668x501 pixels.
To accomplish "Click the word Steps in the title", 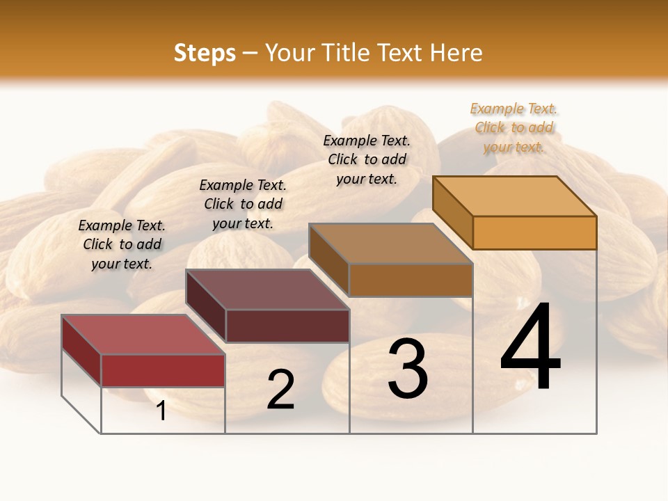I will tap(205, 53).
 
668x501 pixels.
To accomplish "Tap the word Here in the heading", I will tap(456, 53).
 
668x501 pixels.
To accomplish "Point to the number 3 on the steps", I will tap(408, 369).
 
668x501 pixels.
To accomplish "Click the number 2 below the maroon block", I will tap(280, 390).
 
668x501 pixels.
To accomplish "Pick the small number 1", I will tap(161, 411).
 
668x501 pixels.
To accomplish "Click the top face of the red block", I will tap(143, 334).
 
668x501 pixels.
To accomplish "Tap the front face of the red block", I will tap(163, 370).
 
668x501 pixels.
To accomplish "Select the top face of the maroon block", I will tap(267, 289).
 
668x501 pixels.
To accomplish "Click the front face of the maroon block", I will tap(287, 326).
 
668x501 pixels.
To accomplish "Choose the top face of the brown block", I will tap(390, 244).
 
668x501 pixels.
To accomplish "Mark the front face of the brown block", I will tap(411, 280).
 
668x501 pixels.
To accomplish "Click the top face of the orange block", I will tap(514, 196).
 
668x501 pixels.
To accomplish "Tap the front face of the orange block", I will tap(534, 232).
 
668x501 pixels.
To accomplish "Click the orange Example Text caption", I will tap(514, 128).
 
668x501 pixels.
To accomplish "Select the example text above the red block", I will tap(122, 244).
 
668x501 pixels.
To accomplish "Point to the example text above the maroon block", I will tap(243, 204).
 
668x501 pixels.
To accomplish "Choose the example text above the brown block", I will tap(367, 159).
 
